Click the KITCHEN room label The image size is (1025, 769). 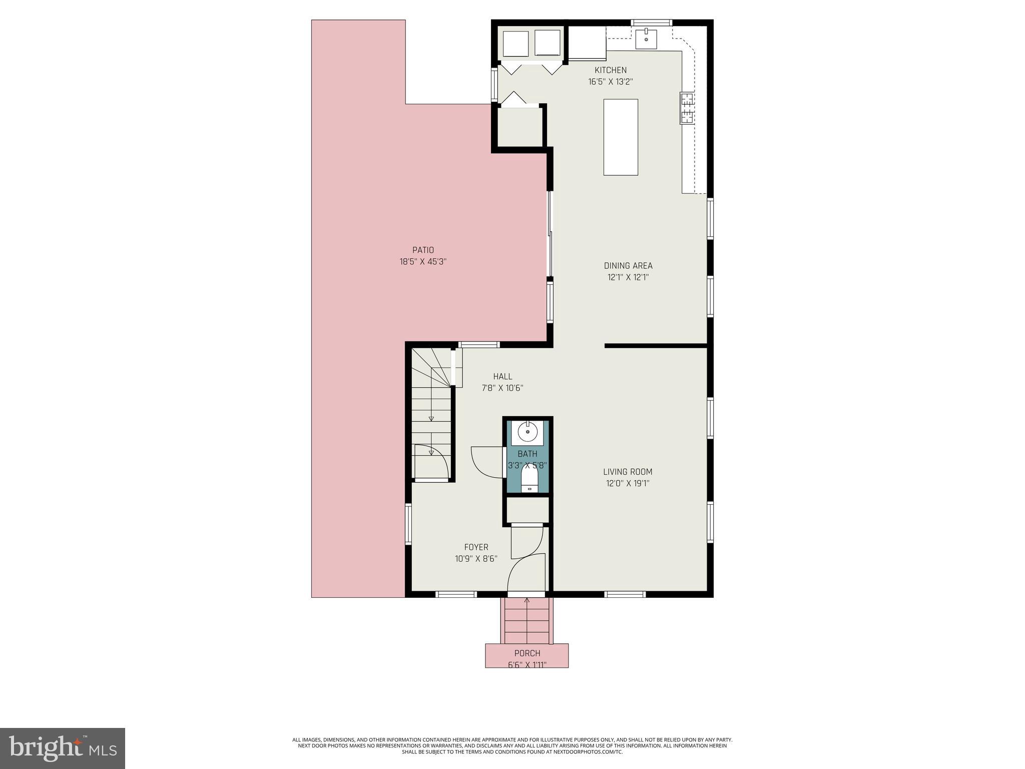[x=610, y=70]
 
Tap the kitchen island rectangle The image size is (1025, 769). [x=621, y=137]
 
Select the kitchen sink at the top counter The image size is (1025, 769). [x=646, y=39]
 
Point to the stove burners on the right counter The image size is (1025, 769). [x=687, y=108]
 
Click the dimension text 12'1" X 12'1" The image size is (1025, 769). [x=628, y=277]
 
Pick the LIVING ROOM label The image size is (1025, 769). [x=628, y=472]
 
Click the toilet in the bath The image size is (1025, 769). [x=529, y=478]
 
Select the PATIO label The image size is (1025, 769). [x=423, y=250]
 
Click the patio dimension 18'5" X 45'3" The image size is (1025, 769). [x=423, y=261]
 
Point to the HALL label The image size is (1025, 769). [x=502, y=376]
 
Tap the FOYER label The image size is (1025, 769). [x=476, y=547]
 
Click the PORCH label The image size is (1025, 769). [x=527, y=653]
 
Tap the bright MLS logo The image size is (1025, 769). [x=63, y=748]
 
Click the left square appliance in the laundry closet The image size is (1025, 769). [x=516, y=44]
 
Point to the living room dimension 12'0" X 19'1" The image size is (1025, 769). [x=628, y=484]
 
